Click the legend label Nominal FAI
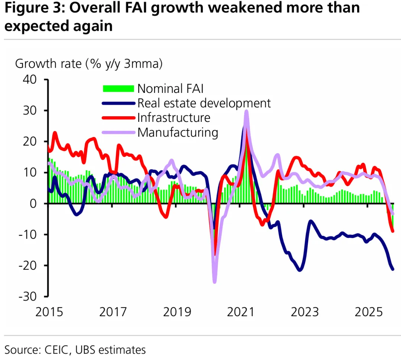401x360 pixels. (170, 88)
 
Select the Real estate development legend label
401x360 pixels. (204, 103)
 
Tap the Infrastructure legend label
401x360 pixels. (173, 118)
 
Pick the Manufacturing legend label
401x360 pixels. (177, 132)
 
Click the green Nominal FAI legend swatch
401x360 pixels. (118, 88)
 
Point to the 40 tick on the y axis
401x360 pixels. (31, 80)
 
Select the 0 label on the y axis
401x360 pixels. (37, 204)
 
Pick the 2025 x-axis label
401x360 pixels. (368, 312)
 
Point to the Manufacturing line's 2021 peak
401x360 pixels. (246, 111)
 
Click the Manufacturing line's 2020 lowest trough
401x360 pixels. (214, 282)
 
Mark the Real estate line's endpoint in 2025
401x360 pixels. (393, 269)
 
